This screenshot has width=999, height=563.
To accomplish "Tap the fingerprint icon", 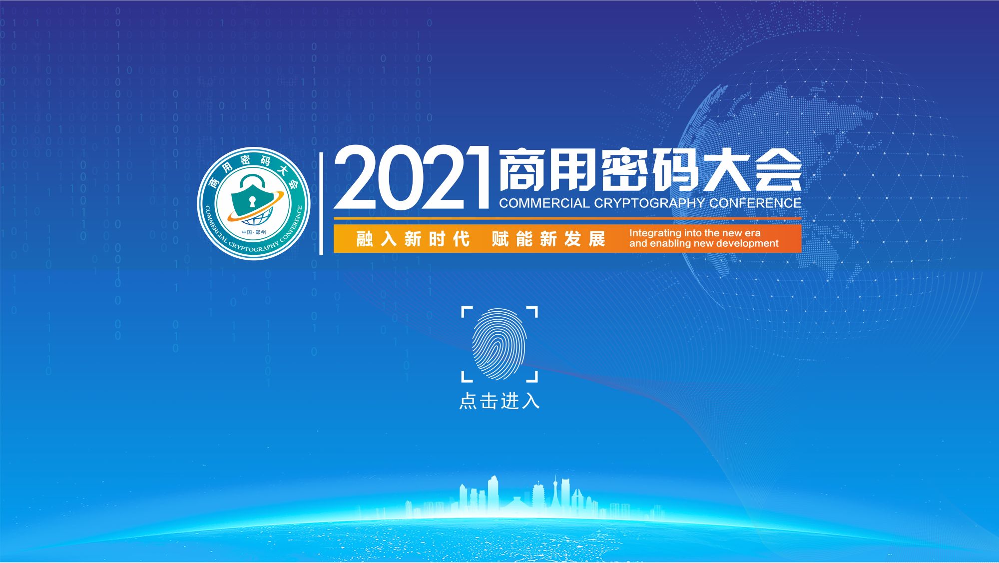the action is click(x=499, y=344).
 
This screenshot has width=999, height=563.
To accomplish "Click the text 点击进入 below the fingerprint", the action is click(x=499, y=401).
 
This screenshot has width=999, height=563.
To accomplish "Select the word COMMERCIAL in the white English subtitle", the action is click(x=544, y=203).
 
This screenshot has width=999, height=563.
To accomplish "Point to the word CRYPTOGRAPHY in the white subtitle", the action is click(x=649, y=203).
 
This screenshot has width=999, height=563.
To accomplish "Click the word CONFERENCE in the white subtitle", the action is click(x=755, y=203).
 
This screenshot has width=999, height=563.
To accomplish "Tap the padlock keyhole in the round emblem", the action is click(x=252, y=202).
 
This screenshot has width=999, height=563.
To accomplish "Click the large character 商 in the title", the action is click(x=522, y=169).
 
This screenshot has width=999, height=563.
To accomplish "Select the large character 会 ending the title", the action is click(x=778, y=169).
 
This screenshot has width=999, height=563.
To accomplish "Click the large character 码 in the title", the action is click(x=675, y=169).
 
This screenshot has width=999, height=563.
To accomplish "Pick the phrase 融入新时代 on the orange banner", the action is click(x=413, y=239).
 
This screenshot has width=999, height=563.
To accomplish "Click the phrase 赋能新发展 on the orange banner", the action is click(x=548, y=239).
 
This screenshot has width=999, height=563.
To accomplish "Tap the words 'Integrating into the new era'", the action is click(x=695, y=233).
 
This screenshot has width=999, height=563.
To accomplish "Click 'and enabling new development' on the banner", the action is click(x=704, y=243).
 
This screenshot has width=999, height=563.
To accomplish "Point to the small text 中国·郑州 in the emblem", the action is click(x=254, y=232).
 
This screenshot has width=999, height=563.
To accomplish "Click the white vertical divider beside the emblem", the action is click(x=321, y=203).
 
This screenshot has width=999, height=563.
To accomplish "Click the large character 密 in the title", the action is click(x=624, y=169).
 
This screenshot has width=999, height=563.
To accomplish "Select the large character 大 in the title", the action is click(x=727, y=169).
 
